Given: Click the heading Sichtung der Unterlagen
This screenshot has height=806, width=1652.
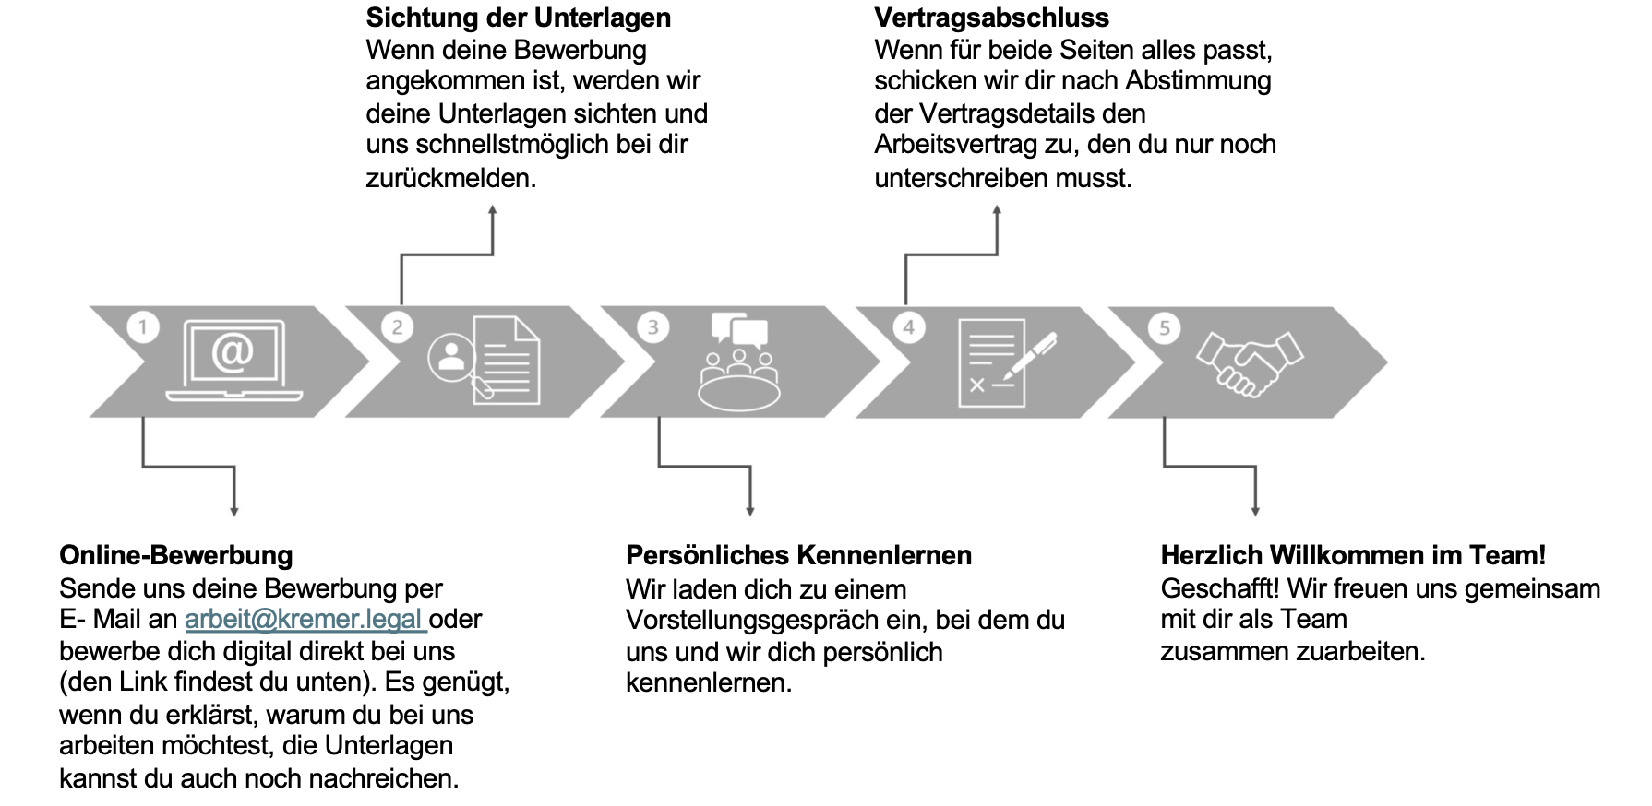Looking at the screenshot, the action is tap(519, 18).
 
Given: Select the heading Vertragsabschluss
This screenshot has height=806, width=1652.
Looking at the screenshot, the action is tap(992, 18).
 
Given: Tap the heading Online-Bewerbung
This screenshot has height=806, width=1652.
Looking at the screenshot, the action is tap(176, 555).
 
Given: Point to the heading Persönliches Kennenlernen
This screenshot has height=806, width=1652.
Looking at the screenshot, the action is tap(799, 555).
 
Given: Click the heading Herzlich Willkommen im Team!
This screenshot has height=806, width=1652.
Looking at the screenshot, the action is tap(1353, 555).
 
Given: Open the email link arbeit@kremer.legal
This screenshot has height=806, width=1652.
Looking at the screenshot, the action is tap(305, 619).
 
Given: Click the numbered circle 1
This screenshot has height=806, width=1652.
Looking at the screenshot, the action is tap(143, 327).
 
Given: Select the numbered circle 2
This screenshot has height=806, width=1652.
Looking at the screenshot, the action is tap(398, 327).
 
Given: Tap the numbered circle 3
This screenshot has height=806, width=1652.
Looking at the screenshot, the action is tap(653, 327).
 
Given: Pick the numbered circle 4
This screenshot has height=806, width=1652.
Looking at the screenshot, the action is tap(909, 327).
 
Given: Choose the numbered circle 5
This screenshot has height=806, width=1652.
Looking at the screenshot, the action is tap(1165, 327).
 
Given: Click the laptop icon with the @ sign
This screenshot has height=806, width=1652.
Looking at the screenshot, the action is tap(233, 361).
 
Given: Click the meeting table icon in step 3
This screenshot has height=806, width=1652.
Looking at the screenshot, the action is tap(738, 362).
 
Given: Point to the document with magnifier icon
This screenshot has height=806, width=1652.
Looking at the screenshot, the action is tap(485, 360).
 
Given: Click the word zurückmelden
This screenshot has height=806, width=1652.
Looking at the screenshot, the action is tap(450, 177).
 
